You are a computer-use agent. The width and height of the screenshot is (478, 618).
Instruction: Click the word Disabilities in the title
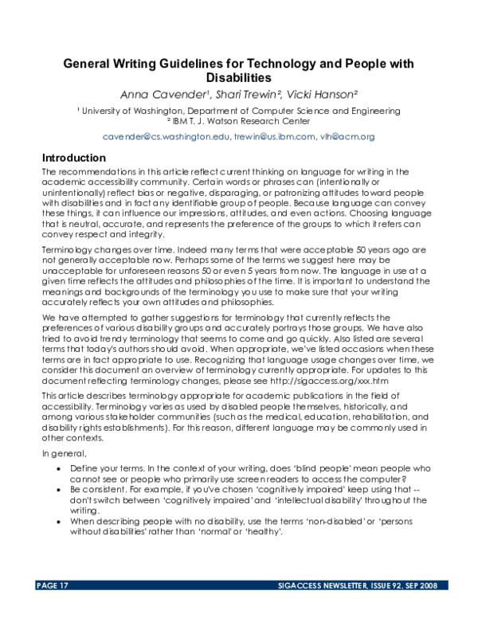pos(239,77)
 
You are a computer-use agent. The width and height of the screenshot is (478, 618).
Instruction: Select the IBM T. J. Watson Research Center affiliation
pos(239,122)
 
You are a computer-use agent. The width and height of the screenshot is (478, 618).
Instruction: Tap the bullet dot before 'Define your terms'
pos(61,468)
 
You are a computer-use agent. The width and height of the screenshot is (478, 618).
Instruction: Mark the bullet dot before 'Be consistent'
pos(61,490)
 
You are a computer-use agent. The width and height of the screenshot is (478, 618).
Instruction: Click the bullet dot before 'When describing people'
pos(61,522)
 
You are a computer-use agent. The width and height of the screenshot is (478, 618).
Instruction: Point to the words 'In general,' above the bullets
pos(63,452)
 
